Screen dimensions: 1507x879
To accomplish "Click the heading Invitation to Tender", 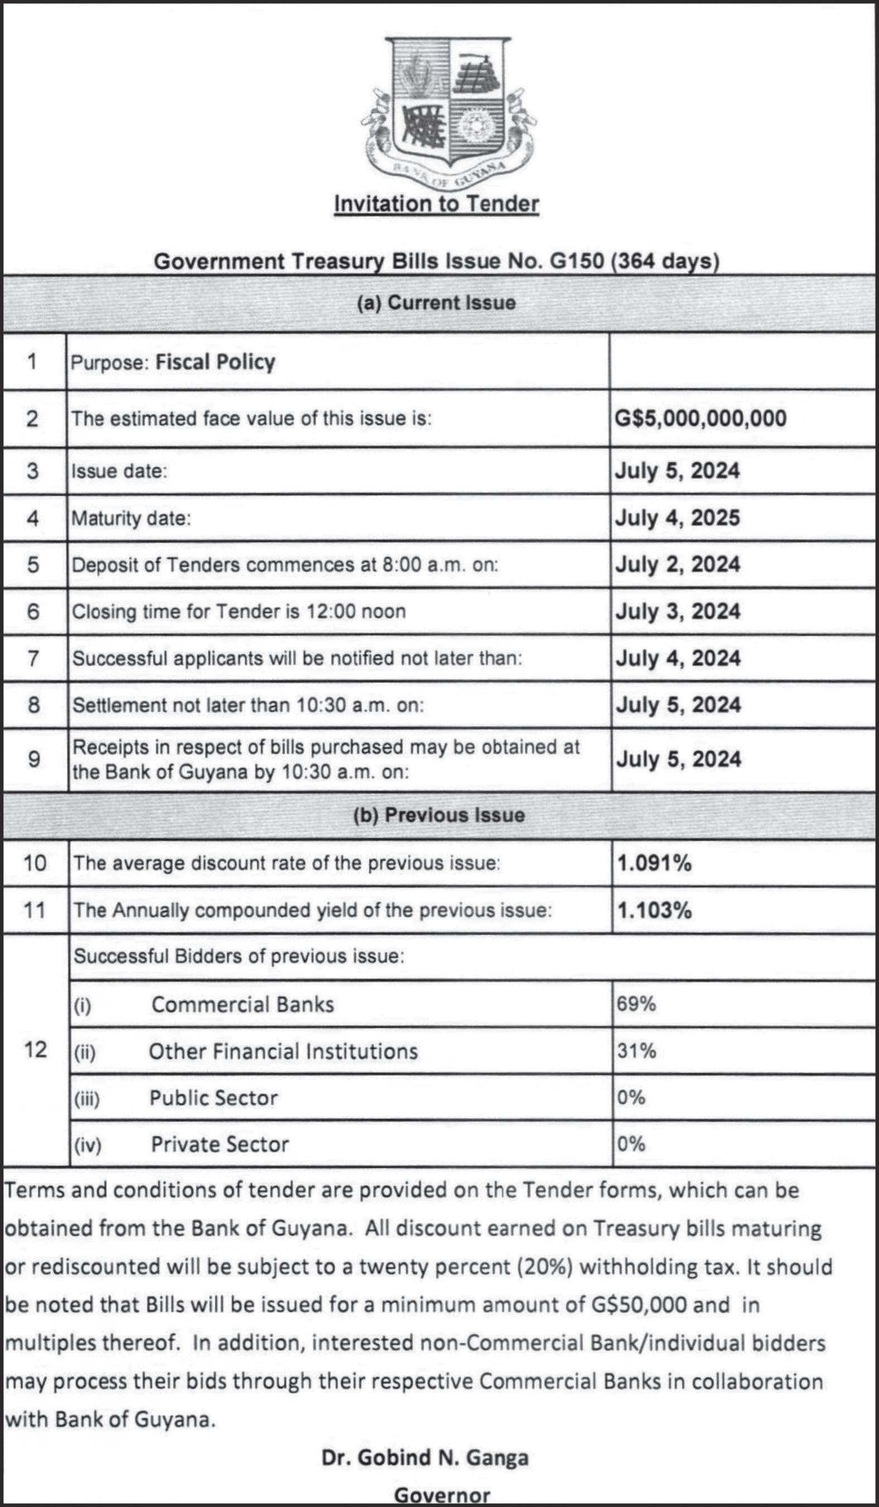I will coord(436,203).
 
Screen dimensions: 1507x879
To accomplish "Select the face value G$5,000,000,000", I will coord(700,418).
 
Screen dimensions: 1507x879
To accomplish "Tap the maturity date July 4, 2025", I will coord(678,518).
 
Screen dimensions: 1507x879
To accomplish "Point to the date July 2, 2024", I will coord(678,564).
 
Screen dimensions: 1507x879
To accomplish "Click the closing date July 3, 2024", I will coord(678,611).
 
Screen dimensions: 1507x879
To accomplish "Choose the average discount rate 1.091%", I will coord(654,863).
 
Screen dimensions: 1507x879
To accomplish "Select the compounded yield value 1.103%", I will coord(654,910).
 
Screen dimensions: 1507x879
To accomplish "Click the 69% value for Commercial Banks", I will coord(636,1004).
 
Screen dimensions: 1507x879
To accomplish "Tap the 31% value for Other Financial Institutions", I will coord(636,1050).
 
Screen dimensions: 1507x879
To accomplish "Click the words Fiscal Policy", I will coord(215,362).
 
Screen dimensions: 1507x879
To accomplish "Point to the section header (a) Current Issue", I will coord(436,303).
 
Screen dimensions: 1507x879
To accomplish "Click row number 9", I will coord(34,760).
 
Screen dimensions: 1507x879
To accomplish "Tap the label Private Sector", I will coord(219,1144).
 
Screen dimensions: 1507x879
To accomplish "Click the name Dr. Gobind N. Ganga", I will coord(425,1457).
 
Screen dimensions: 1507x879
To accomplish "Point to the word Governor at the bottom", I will coord(442,1495).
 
